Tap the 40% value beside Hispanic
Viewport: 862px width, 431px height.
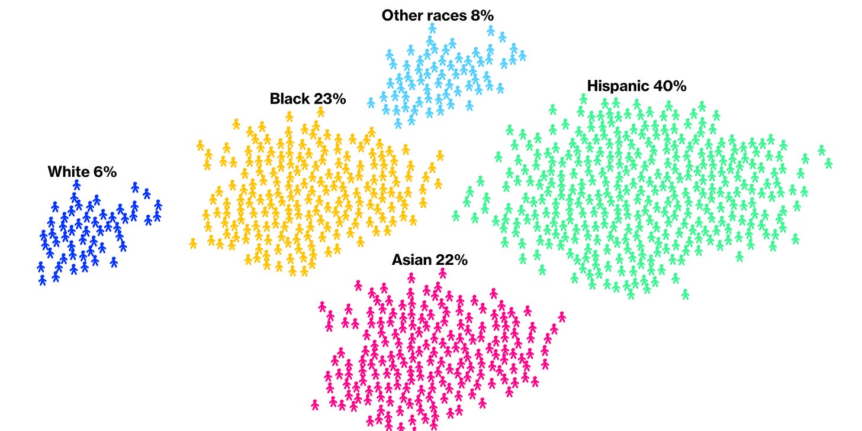(x=670, y=86)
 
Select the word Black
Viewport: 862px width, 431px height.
(x=289, y=99)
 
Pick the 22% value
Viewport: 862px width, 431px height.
(x=453, y=260)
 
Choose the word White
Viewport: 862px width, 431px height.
(x=68, y=172)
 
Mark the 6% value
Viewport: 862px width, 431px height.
(x=105, y=172)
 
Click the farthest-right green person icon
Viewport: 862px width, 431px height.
(x=828, y=163)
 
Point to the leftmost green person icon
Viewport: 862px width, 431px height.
(x=456, y=215)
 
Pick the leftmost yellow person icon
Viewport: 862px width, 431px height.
(x=193, y=243)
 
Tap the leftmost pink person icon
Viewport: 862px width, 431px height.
(x=315, y=404)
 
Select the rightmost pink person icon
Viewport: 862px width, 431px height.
(x=562, y=316)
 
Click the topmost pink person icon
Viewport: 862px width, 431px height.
(x=443, y=273)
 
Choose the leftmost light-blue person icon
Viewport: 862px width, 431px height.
(x=371, y=103)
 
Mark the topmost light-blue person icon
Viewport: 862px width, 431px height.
(x=432, y=28)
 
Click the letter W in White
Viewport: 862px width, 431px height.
(x=54, y=172)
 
